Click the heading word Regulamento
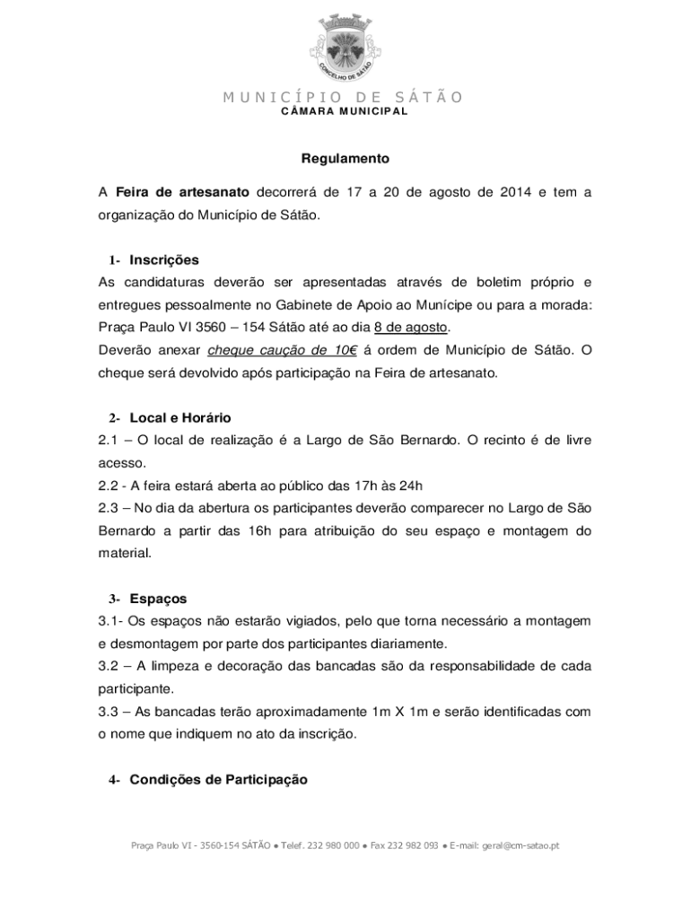(345, 159)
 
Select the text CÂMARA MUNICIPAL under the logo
(345, 111)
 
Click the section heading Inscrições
(164, 260)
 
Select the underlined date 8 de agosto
(411, 327)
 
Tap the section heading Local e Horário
(180, 417)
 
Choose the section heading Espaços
(158, 599)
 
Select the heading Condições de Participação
(218, 780)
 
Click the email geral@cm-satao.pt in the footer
(520, 845)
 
